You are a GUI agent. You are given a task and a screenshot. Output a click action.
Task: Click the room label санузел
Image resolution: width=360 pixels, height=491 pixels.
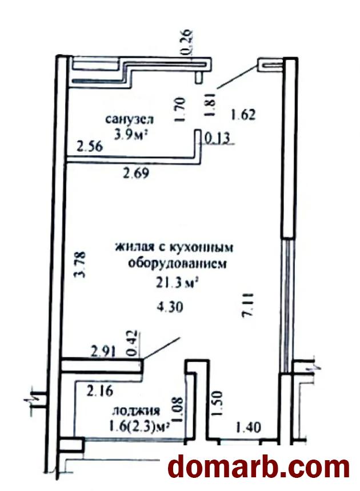tap(129, 119)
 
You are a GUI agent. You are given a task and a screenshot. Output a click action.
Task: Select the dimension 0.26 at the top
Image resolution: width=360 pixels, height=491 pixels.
tap(187, 43)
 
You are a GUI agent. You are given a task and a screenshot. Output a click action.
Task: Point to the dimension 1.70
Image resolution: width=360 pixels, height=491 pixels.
tap(181, 110)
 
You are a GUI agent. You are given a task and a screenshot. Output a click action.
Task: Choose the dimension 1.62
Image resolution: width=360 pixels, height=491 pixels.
tap(243, 115)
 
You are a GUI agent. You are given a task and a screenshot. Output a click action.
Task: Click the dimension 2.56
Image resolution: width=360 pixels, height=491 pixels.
tap(90, 146)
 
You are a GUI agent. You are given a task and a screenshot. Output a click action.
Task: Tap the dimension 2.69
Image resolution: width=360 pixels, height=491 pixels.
tap(136, 173)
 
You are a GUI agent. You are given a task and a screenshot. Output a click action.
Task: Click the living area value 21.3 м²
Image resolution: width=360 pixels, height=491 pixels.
tap(177, 284)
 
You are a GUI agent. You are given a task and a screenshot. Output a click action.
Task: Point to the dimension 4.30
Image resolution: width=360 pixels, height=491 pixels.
tap(170, 307)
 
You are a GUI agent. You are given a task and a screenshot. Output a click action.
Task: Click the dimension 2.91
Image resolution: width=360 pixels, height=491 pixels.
tap(103, 351)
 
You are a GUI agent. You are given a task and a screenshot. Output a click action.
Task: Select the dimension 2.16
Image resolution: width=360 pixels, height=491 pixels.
tap(99, 391)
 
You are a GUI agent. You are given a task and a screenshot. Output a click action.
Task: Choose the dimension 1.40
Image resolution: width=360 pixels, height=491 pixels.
tap(248, 427)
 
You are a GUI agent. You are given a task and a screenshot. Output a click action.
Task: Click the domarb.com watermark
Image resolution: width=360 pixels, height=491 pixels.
tap(258, 467)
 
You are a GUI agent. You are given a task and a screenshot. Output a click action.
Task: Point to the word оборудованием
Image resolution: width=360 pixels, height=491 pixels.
tap(177, 264)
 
